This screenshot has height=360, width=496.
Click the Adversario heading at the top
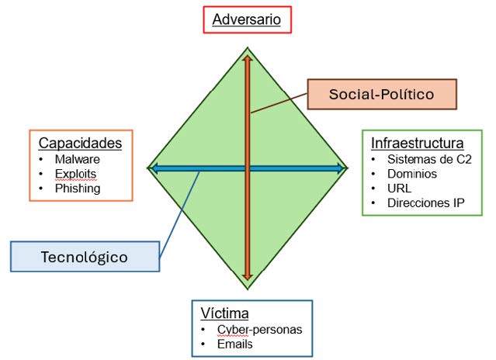246,19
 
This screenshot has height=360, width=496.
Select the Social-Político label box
382,94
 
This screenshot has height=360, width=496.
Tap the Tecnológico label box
85,257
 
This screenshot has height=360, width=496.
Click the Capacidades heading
80,143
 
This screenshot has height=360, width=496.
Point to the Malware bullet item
77,159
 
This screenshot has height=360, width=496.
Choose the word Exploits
75,174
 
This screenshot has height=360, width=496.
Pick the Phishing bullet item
78,189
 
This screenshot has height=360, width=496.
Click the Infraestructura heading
418,143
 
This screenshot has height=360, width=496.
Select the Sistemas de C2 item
429,159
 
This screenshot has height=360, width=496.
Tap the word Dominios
412,174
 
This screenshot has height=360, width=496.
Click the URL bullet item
399,189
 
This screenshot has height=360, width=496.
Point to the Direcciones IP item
426,203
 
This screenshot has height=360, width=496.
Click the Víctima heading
224,313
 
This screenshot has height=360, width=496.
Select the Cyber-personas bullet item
259,329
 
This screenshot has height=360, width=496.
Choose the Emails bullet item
234,344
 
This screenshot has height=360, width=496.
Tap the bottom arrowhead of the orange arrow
248,277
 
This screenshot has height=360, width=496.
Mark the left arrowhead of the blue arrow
154,168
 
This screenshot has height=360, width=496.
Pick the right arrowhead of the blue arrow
341,168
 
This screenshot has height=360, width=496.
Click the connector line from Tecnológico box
179,215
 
